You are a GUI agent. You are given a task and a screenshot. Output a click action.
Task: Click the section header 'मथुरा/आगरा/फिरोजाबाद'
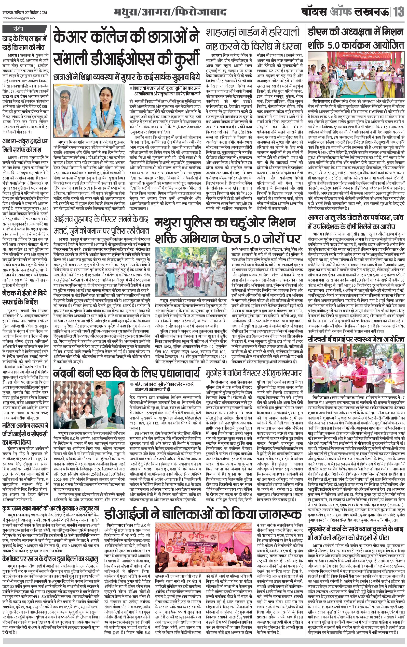point(170,12)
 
